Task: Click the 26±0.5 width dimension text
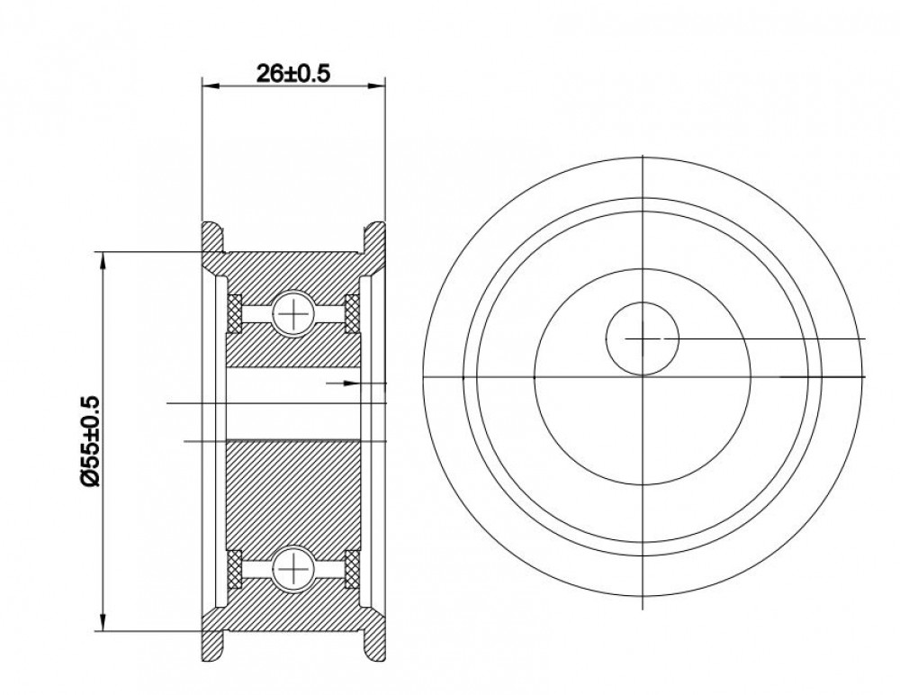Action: tap(293, 73)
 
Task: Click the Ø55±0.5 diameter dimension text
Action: tap(91, 441)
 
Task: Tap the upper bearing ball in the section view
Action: tap(293, 313)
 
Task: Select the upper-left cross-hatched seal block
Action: tap(235, 313)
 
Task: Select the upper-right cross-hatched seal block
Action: tap(352, 313)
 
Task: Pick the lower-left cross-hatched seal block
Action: tap(235, 569)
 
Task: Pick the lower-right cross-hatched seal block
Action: tap(352, 569)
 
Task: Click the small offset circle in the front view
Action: tap(643, 338)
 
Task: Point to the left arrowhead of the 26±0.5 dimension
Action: tap(211, 86)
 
